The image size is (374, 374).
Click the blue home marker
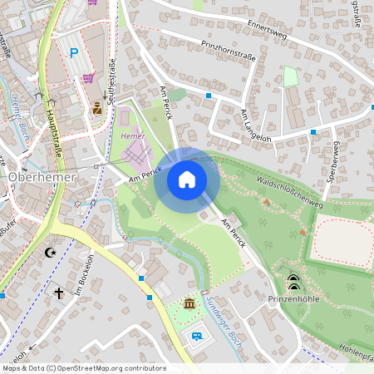coord(186,179)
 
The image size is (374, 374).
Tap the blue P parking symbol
coord(74,53)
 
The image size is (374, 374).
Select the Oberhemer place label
coord(42,177)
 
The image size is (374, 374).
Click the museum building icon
coord(189,305)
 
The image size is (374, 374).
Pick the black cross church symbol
coord(59,293)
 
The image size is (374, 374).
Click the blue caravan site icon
coord(196,337)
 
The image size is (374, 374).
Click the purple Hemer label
coord(132,135)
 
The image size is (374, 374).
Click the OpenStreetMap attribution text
coord(83,368)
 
